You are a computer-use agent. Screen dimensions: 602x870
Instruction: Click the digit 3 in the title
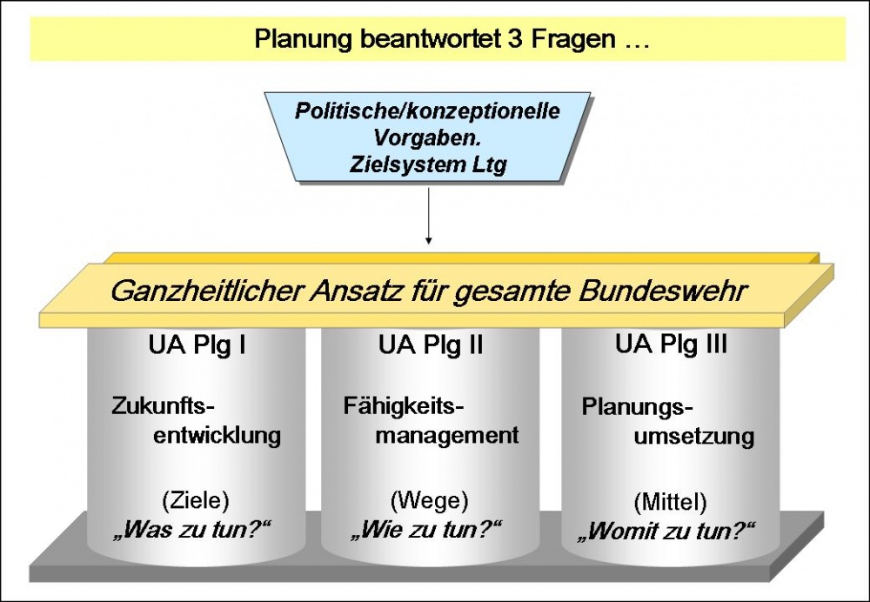coord(507,40)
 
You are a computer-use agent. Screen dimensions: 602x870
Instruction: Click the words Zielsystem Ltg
coord(427,164)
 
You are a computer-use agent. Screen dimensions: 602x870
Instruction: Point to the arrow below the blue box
coord(428,222)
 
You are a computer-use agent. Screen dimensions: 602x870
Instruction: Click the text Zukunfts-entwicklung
coord(197,420)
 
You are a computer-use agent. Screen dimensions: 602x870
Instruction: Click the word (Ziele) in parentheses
coord(197,500)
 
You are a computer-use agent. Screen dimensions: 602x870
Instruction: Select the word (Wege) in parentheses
coord(430,500)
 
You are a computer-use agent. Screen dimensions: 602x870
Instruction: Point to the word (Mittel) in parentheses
coord(670,502)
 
